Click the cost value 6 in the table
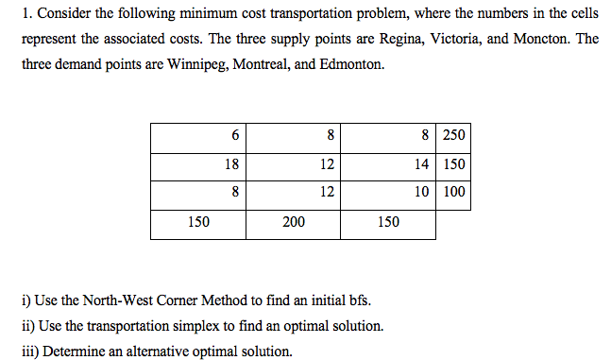coord(234,135)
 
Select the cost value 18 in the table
coord(231,163)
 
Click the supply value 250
coord(453,135)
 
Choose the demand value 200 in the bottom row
coord(293,222)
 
